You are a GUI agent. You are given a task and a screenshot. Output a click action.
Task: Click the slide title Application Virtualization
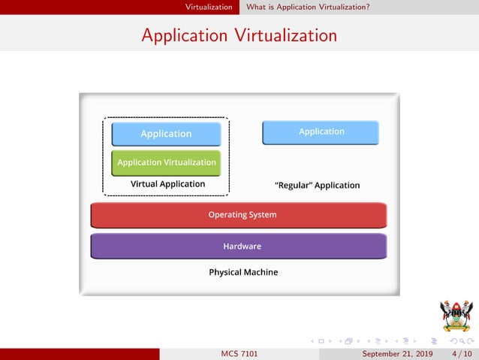tap(239, 35)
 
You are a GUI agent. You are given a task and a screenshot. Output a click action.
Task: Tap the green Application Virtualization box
tap(166, 162)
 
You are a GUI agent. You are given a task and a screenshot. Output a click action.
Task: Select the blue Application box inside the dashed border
tap(166, 134)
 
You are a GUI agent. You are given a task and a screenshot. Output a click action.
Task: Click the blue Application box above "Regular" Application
tap(321, 132)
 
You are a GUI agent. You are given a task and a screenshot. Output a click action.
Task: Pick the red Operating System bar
tap(239, 215)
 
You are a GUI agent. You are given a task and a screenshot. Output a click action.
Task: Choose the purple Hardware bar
tap(239, 246)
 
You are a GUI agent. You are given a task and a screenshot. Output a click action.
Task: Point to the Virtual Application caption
tap(167, 184)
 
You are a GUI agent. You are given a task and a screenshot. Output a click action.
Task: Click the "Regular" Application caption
tap(318, 185)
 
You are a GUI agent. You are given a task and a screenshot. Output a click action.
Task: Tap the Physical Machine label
tap(243, 272)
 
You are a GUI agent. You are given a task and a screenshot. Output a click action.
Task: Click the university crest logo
tap(456, 316)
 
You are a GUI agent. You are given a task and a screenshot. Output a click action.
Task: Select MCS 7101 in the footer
tap(239, 354)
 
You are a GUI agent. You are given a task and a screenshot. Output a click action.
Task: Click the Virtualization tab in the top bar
tap(209, 7)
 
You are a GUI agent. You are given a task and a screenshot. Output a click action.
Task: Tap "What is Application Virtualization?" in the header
tap(307, 7)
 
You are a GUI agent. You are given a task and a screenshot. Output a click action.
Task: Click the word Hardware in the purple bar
tap(242, 246)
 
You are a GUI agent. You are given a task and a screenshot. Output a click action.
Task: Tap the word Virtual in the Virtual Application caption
tap(145, 184)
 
